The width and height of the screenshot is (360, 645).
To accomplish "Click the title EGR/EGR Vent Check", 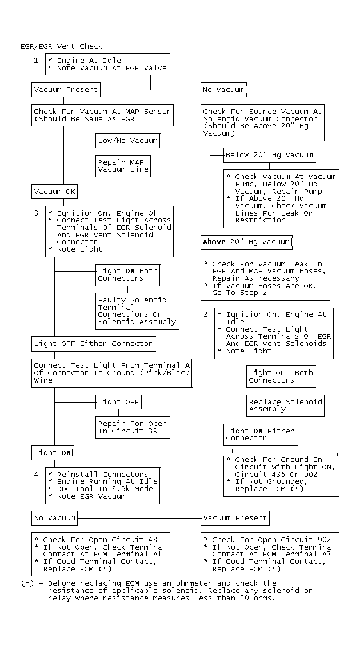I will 61,46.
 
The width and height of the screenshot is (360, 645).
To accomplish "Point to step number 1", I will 36,60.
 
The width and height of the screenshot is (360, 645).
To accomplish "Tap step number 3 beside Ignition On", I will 36,213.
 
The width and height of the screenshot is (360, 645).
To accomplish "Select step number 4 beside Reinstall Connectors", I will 36,474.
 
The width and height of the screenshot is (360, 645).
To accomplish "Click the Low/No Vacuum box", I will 127,140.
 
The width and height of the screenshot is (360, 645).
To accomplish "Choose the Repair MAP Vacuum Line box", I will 123,166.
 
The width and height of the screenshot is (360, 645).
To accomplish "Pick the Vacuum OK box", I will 55,192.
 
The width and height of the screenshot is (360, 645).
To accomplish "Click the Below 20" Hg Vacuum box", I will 269,155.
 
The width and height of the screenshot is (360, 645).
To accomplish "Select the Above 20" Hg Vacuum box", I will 246,242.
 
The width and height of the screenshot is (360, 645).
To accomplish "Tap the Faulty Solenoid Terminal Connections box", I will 137,311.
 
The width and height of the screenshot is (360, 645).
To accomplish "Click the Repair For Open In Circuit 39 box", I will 132,427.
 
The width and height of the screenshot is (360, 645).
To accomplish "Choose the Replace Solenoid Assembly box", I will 285,405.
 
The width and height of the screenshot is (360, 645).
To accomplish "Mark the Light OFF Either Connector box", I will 93,344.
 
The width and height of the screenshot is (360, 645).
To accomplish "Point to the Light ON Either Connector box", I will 260,435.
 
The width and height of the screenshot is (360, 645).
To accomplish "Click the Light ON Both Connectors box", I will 127,274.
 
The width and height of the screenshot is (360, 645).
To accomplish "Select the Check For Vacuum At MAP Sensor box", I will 102,115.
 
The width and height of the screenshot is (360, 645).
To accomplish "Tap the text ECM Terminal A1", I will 132,554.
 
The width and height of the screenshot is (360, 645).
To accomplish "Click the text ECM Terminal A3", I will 301,554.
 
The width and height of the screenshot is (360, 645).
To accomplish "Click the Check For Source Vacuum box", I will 262,122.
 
